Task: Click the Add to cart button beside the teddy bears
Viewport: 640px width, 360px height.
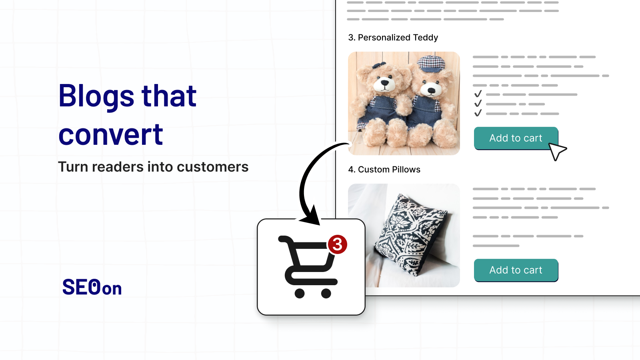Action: click(x=516, y=138)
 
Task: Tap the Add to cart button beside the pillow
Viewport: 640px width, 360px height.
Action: click(x=516, y=270)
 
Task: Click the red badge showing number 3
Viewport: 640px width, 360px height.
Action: click(x=338, y=244)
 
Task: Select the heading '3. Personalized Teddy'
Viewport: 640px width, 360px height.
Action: click(x=393, y=38)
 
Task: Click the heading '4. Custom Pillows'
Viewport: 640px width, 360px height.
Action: click(x=384, y=170)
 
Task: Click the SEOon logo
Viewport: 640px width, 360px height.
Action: click(x=92, y=287)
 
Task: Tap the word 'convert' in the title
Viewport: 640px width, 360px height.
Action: click(x=111, y=134)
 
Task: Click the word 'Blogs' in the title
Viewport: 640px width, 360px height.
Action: click(x=96, y=96)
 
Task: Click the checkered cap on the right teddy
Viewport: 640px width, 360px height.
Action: click(x=431, y=64)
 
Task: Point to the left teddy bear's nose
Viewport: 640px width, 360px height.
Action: click(x=384, y=82)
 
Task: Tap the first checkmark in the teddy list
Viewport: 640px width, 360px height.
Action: click(x=478, y=94)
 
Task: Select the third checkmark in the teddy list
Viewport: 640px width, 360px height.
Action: click(x=478, y=113)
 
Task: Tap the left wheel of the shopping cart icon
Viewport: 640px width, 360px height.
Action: click(x=300, y=294)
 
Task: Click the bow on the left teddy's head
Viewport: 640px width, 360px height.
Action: click(x=379, y=65)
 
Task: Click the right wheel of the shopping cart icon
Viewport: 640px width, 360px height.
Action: click(x=326, y=294)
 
